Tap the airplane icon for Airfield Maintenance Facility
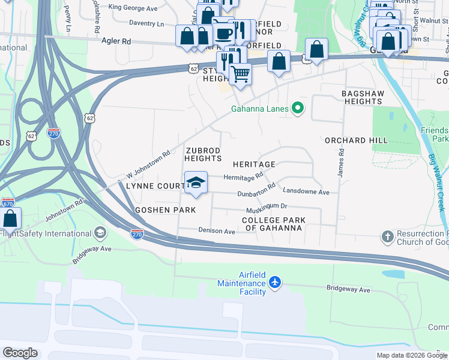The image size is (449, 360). point(275,282)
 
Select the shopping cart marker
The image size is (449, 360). point(240,74)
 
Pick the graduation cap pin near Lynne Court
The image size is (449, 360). point(196,182)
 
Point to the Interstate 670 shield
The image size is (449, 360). point(7,204)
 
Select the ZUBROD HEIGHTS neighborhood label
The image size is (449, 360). point(203,154)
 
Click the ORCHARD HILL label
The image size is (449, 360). point(354,140)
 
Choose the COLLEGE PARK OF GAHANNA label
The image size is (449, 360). point(273,224)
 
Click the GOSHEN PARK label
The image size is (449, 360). point(165,210)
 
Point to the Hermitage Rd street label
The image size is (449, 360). point(243,176)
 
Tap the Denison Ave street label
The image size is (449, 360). point(217,231)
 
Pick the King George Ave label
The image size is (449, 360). point(132,8)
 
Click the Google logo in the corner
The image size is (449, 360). point(20,352)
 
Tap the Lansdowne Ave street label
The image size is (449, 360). point(306,192)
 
